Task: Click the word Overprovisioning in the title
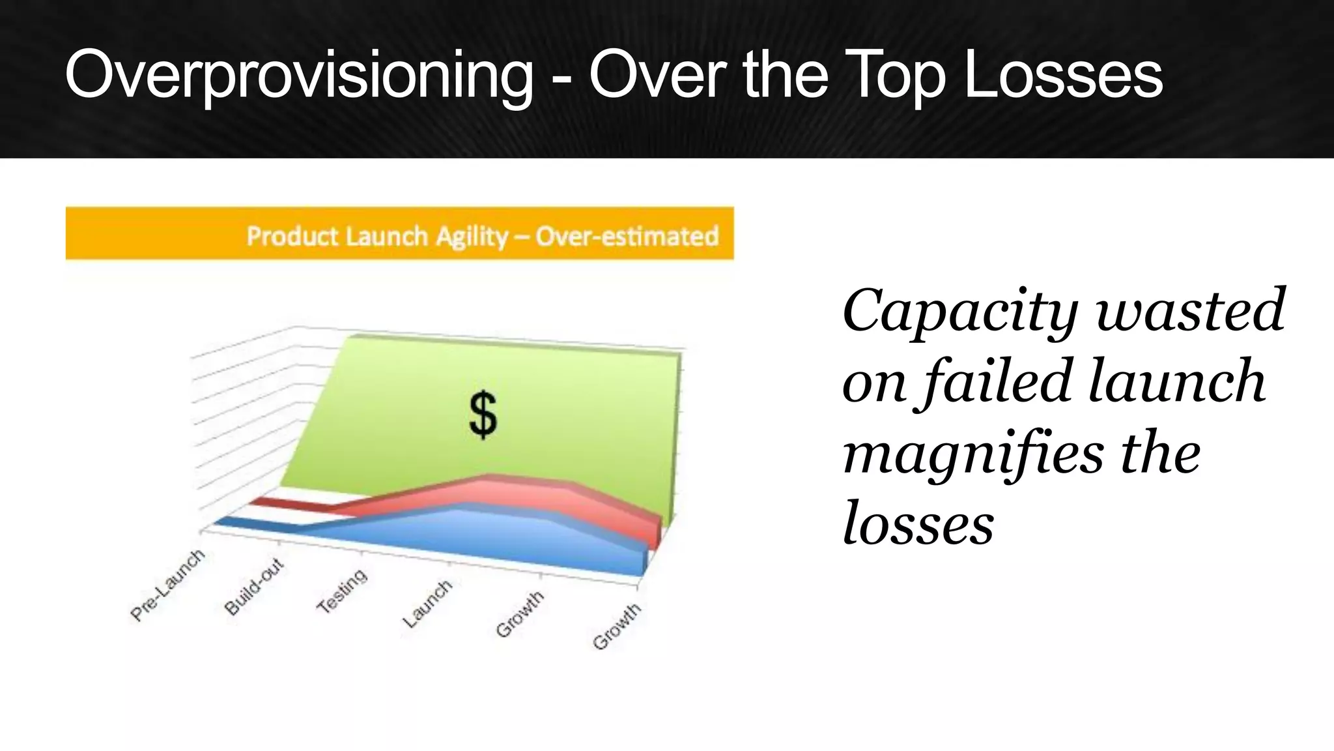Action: click(298, 77)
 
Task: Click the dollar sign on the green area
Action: click(483, 415)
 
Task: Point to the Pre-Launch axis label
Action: click(167, 585)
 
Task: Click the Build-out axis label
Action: click(254, 587)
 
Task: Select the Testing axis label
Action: click(342, 591)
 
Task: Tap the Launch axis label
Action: click(427, 604)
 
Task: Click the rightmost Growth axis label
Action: click(617, 627)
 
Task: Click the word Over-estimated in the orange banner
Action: click(627, 235)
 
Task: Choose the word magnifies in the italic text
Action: click(973, 454)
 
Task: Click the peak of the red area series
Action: click(489, 479)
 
